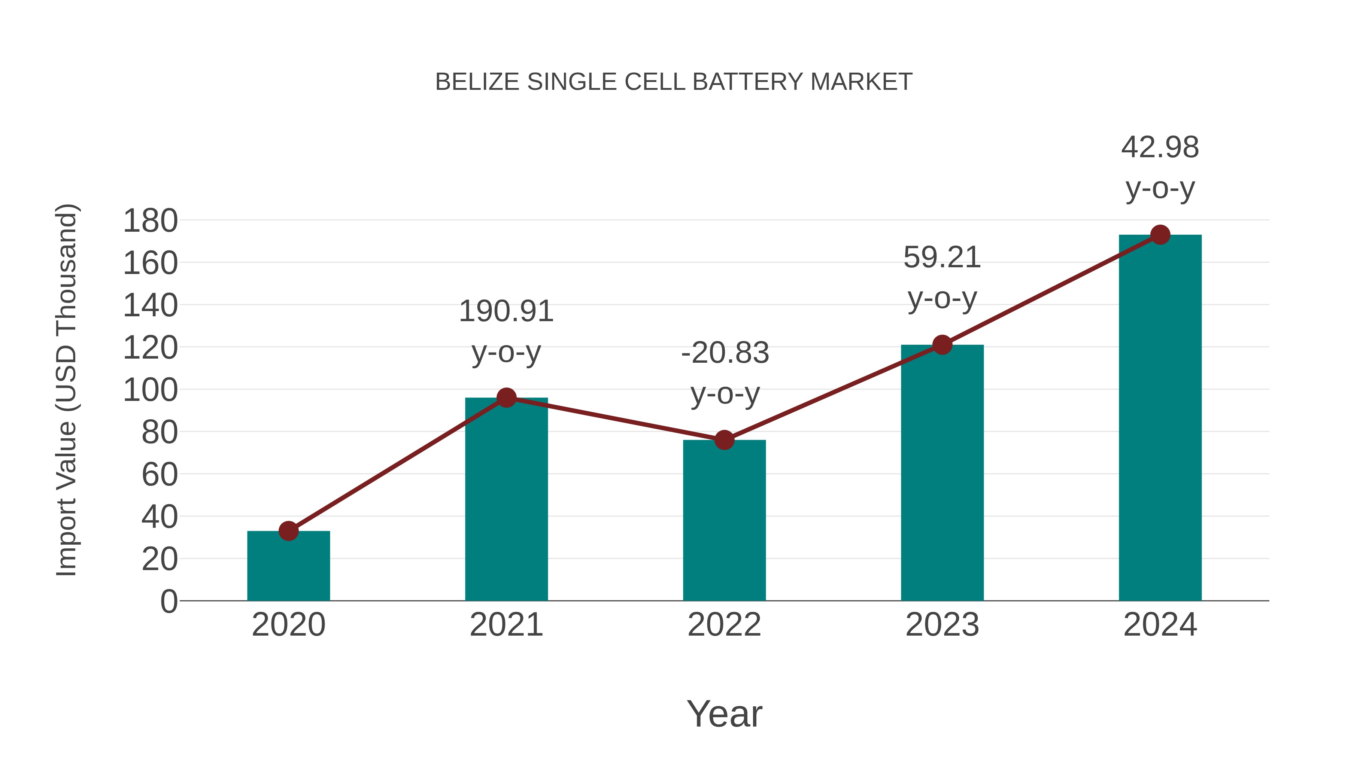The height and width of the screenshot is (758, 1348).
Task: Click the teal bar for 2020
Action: [288, 567]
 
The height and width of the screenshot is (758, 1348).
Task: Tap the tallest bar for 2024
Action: [1160, 418]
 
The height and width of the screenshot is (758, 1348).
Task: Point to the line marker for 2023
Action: [942, 345]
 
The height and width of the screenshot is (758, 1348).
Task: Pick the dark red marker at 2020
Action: [288, 531]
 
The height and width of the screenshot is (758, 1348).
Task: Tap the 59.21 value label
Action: [942, 258]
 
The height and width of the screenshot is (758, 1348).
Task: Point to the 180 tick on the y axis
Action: [150, 221]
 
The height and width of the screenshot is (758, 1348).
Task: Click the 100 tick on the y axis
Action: [150, 390]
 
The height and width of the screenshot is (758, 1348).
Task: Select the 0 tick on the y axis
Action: [168, 602]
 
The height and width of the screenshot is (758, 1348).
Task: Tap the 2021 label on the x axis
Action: [506, 625]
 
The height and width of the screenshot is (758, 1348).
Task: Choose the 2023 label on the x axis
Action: [942, 625]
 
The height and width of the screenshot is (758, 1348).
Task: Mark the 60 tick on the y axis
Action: [160, 475]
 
